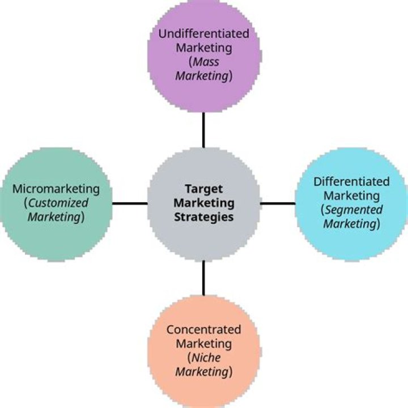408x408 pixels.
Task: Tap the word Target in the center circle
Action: pyautogui.click(x=203, y=189)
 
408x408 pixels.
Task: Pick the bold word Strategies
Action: pyautogui.click(x=203, y=217)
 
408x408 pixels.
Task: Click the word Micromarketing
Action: pyautogui.click(x=56, y=189)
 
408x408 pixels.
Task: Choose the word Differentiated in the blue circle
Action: pyautogui.click(x=351, y=182)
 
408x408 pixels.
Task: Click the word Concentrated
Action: pyautogui.click(x=203, y=330)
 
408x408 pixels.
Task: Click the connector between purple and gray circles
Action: pyautogui.click(x=203, y=129)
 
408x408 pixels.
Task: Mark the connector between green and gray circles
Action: pyautogui.click(x=129, y=203)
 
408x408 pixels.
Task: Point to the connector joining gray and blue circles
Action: pyautogui.click(x=278, y=203)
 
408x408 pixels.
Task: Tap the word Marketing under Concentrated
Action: pyautogui.click(x=203, y=344)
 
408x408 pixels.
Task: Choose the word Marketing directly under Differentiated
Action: pyautogui.click(x=351, y=196)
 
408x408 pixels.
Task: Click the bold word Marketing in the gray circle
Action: pyautogui.click(x=203, y=203)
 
